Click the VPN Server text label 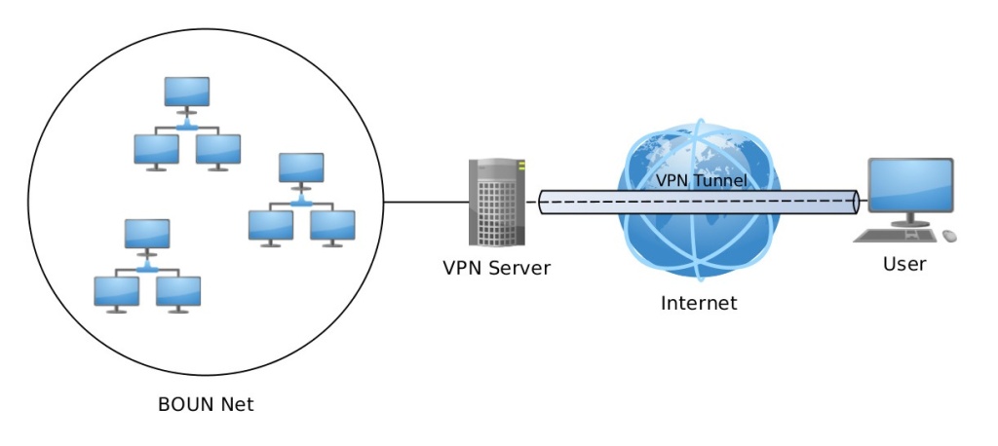click(496, 268)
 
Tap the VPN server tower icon click(497, 202)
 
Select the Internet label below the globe click(699, 303)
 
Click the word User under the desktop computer click(904, 264)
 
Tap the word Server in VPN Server click(520, 268)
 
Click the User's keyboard click(895, 235)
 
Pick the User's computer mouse click(948, 235)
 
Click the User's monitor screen click(910, 186)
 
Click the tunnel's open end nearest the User click(855, 203)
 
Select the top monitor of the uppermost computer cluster click(186, 92)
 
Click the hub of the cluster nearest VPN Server click(302, 201)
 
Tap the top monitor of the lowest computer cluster click(147, 234)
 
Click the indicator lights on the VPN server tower click(521, 167)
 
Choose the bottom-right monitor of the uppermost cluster click(217, 149)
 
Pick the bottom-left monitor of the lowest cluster click(116, 291)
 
